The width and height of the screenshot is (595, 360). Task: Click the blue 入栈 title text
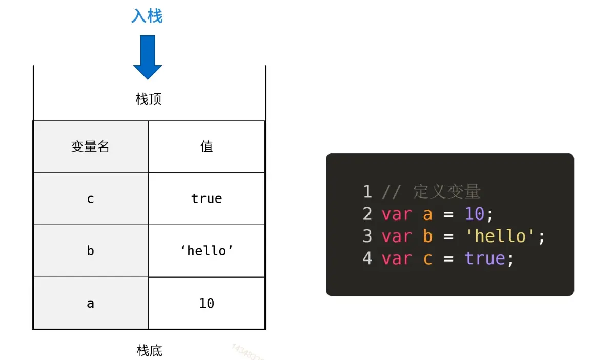click(147, 16)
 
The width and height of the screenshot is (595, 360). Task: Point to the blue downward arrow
click(148, 56)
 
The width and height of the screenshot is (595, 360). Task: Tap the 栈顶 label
click(149, 99)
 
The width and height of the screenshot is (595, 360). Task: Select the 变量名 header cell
click(91, 147)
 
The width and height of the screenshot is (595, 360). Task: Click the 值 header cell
click(207, 147)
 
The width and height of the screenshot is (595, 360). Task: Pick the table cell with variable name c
click(91, 199)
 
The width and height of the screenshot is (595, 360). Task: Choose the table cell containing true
click(207, 199)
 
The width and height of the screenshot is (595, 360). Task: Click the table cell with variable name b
click(91, 251)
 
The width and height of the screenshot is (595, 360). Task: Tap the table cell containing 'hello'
click(207, 251)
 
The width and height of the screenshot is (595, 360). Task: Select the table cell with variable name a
click(91, 304)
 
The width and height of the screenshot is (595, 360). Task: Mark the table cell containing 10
click(207, 304)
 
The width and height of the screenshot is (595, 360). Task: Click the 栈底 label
click(150, 351)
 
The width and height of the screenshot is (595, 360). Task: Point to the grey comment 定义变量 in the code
click(446, 192)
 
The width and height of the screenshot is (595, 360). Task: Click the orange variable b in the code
click(428, 236)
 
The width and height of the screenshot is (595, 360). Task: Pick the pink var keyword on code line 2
click(397, 214)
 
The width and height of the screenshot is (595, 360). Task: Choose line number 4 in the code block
click(367, 258)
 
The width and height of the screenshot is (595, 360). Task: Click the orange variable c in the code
click(428, 258)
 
